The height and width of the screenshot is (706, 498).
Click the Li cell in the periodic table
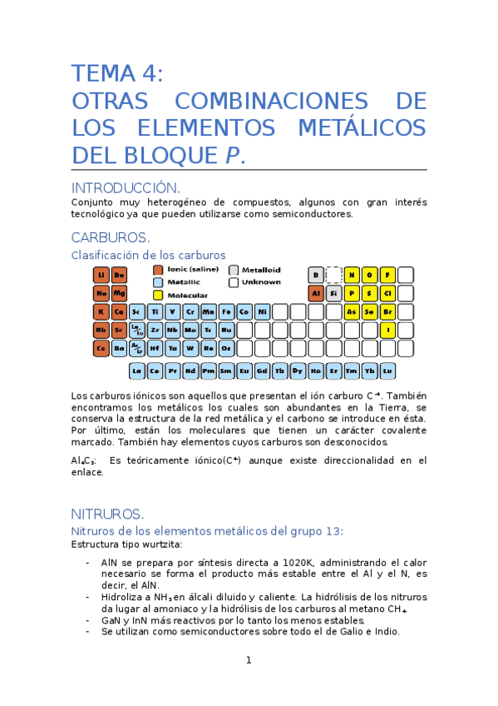pos(101,275)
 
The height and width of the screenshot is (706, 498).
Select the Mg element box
pos(119,293)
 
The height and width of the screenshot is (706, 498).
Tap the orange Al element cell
pos(315,293)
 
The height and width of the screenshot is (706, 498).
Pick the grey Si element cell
pos(333,293)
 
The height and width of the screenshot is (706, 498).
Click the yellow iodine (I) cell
pos(387,330)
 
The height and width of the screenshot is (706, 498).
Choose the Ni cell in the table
pos(262,311)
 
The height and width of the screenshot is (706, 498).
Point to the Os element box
pos(226,348)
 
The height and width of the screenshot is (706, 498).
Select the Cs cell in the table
pos(101,348)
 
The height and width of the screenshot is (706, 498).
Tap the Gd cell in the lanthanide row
pos(262,370)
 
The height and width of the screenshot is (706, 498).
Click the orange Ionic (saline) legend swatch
pos(158,270)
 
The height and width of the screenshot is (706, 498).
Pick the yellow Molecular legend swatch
pos(158,295)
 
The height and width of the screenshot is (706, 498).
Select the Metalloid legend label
pos(261,270)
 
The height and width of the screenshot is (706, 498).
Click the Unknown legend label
pos(260,282)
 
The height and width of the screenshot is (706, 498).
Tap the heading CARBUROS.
pos(111,237)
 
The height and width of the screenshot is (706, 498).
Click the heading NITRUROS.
pos(108,513)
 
